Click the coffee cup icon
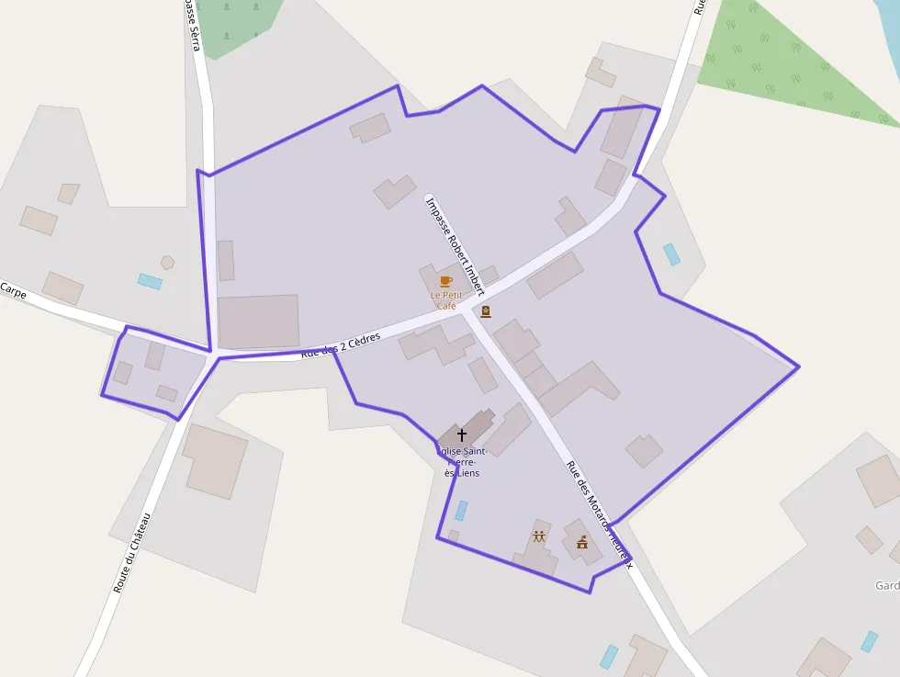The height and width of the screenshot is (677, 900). coord(446,281)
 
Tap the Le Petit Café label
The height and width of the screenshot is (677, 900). coord(445,300)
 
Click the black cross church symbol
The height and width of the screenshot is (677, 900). coord(461,434)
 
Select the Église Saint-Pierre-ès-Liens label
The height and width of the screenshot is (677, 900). coord(461,462)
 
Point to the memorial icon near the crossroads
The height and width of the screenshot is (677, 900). coord(486,311)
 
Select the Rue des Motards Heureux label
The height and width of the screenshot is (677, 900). coord(600,513)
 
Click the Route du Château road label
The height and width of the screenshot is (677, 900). coord(131,552)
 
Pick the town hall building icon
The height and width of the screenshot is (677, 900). coord(582,542)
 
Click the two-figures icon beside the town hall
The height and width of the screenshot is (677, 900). coord(539,536)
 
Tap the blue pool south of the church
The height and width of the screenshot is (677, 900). coord(461,511)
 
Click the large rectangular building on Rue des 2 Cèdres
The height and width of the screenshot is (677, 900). coord(259,322)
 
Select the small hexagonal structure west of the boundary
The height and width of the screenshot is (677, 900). coord(167,263)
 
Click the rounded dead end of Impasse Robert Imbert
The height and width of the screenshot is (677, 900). coord(429,198)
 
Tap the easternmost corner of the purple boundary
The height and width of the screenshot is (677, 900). coord(799,367)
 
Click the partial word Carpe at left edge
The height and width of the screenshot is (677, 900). coord(13,291)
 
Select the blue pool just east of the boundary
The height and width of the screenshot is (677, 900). coord(672,254)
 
